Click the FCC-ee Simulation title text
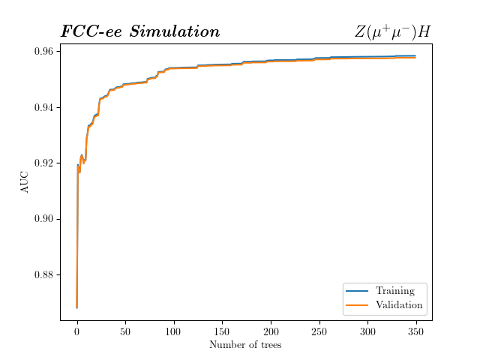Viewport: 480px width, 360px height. [x=140, y=31]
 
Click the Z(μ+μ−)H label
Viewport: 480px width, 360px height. [x=392, y=31]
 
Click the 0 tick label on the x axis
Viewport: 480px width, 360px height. [x=77, y=331]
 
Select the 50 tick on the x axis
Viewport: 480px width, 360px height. [x=125, y=331]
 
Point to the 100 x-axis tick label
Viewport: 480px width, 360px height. [x=174, y=331]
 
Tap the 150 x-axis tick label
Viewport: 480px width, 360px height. [x=222, y=331]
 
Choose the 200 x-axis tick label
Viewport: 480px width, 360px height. [x=271, y=331]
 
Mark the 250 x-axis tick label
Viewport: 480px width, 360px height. [x=319, y=331]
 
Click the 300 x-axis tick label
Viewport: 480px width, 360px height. [x=367, y=331]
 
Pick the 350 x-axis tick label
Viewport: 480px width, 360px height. [x=416, y=331]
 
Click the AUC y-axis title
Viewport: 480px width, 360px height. [x=25, y=181]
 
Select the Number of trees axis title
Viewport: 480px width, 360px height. [x=245, y=345]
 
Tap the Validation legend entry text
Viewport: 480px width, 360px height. [x=399, y=305]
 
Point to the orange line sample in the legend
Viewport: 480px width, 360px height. [x=357, y=305]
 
